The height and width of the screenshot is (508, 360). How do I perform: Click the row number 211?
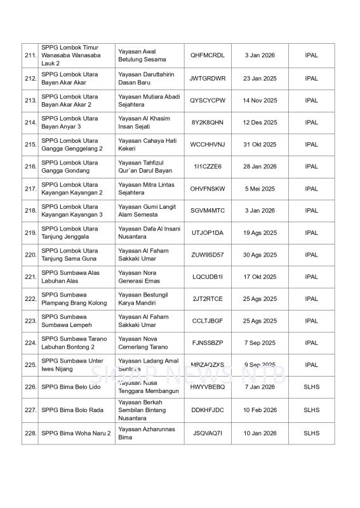pyautogui.click(x=29, y=56)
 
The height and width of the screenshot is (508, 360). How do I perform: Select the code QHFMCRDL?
pyautogui.click(x=208, y=56)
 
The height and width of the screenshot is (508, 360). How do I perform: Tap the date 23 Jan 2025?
pyautogui.click(x=260, y=79)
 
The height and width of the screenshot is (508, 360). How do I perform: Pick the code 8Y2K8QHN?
pyautogui.click(x=208, y=123)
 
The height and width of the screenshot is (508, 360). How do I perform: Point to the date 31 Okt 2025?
pyautogui.click(x=260, y=145)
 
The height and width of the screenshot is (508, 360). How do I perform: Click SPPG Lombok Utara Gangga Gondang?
pyautogui.click(x=70, y=166)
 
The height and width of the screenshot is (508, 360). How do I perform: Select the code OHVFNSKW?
pyautogui.click(x=208, y=189)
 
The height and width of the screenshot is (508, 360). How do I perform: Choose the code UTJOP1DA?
pyautogui.click(x=208, y=233)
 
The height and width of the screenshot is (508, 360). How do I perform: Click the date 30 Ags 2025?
pyautogui.click(x=260, y=255)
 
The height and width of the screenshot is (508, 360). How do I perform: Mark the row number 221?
pyautogui.click(x=29, y=277)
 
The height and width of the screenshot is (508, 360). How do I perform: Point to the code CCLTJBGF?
pyautogui.click(x=208, y=321)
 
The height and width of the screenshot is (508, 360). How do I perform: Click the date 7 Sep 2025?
pyautogui.click(x=260, y=343)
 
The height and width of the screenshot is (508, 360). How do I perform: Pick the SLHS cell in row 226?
pyautogui.click(x=311, y=387)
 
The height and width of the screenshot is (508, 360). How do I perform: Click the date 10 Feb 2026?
pyautogui.click(x=260, y=410)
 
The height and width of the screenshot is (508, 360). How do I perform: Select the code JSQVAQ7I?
pyautogui.click(x=208, y=434)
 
